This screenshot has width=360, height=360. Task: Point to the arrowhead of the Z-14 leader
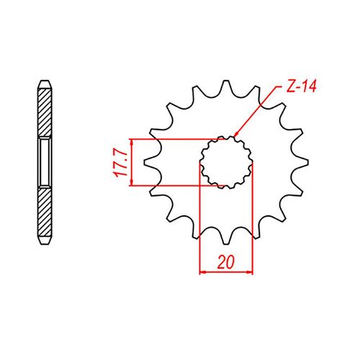[x=235, y=135]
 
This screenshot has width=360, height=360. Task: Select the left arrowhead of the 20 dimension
[x=202, y=273]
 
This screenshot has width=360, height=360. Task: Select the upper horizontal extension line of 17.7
[x=173, y=138]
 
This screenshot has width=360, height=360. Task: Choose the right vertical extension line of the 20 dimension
[x=253, y=216]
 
